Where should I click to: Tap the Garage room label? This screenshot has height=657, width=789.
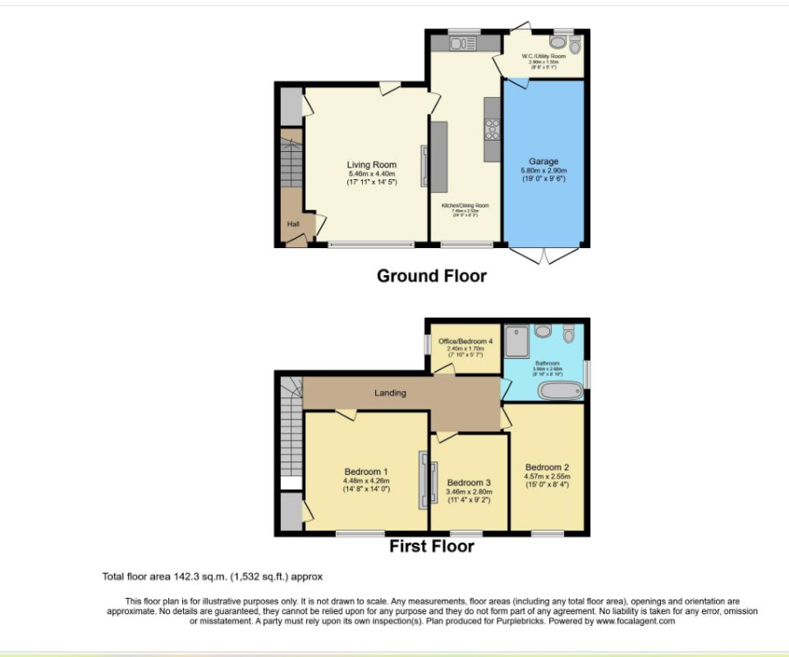coord(543,162)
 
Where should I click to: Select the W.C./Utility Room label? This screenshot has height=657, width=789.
coord(544,57)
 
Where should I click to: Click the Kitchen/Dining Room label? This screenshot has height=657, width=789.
coord(465,205)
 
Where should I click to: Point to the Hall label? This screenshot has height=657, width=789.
coord(292,224)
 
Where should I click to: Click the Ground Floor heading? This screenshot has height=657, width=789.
coord(431,276)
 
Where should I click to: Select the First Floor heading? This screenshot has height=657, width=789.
coord(431,546)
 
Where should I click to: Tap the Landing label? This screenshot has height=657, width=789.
coord(390,393)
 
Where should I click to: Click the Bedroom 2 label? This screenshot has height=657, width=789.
coord(547,467)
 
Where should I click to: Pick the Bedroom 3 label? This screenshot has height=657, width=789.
coord(469,483)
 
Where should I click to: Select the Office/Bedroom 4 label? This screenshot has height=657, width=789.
coord(466,342)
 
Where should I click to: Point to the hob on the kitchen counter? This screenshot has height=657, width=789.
coord(493,130)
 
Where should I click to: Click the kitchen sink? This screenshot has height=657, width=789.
coord(465,44)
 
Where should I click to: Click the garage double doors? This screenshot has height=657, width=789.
coord(543,255)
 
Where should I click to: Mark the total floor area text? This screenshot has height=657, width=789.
coord(218,577)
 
